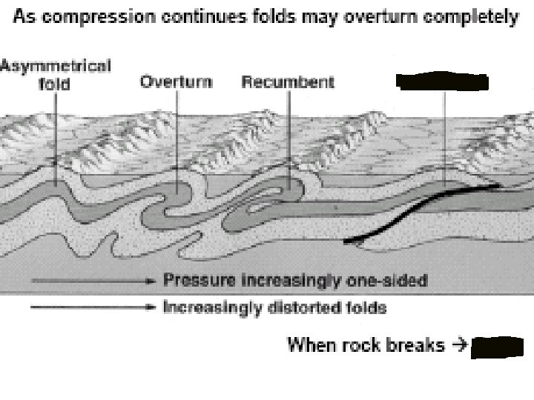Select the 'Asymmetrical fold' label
[56, 74]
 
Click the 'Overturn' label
[177, 81]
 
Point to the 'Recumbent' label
[288, 81]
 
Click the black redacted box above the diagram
[442, 81]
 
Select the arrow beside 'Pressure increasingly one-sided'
[93, 281]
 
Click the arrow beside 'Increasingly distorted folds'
[93, 304]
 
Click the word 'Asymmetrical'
[56, 66]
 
